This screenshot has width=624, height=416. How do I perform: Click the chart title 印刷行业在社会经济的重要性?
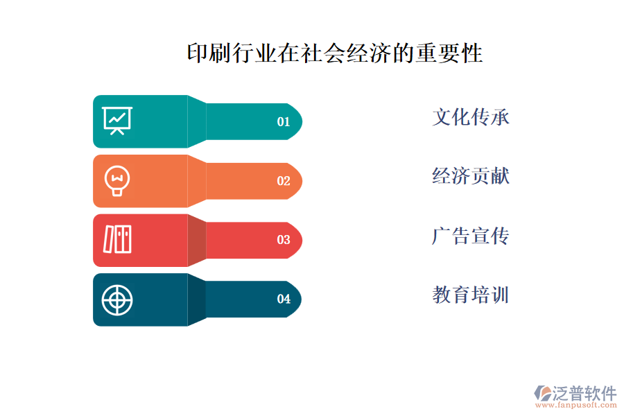(x=335, y=53)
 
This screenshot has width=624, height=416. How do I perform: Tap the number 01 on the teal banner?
(x=284, y=122)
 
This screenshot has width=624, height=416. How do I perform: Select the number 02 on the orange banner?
(x=284, y=181)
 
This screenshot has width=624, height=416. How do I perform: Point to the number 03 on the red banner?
(x=284, y=241)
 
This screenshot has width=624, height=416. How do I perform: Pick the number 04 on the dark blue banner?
(x=284, y=300)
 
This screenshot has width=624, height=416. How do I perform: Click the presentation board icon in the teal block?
(x=117, y=121)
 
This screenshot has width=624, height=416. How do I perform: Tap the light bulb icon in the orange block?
(x=116, y=180)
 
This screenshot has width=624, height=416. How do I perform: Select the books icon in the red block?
(x=117, y=239)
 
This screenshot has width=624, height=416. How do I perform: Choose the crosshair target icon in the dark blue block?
(x=117, y=300)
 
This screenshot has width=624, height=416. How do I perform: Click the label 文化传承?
(x=471, y=117)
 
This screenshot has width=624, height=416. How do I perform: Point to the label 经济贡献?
(x=471, y=176)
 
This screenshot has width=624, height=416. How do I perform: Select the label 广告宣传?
(x=471, y=236)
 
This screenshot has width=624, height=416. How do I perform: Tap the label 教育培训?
(x=471, y=295)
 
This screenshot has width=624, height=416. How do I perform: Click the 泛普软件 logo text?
(x=584, y=393)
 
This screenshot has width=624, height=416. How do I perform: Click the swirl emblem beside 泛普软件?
(x=541, y=393)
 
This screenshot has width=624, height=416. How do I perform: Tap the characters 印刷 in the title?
(x=209, y=53)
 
